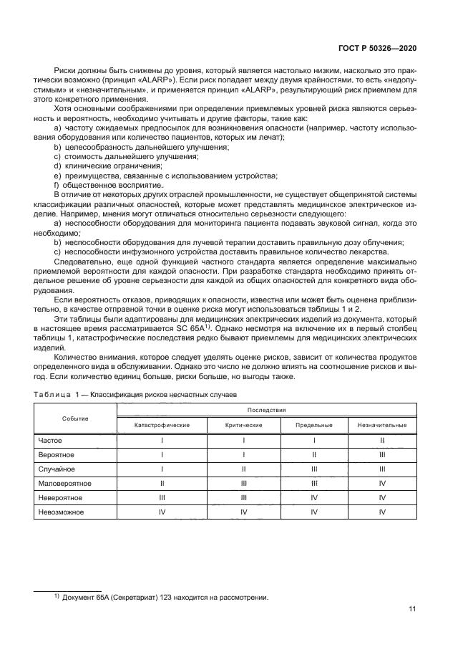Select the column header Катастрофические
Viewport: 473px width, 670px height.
[162, 425]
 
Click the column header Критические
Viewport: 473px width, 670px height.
[244, 425]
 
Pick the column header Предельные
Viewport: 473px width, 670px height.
[314, 425]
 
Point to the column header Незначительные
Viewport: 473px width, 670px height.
[382, 425]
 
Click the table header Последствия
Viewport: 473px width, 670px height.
[267, 410]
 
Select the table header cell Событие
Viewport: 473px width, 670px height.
[75, 418]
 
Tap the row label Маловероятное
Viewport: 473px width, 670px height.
[67, 483]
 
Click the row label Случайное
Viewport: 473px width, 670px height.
[58, 469]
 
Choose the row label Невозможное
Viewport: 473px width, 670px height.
[62, 512]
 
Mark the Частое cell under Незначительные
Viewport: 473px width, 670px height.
[382, 440]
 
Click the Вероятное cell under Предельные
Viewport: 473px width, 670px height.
[314, 454]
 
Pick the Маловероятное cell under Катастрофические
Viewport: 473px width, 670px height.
[162, 483]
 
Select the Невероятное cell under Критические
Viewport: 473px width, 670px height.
[244, 497]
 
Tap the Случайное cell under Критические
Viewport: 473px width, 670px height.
[244, 469]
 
